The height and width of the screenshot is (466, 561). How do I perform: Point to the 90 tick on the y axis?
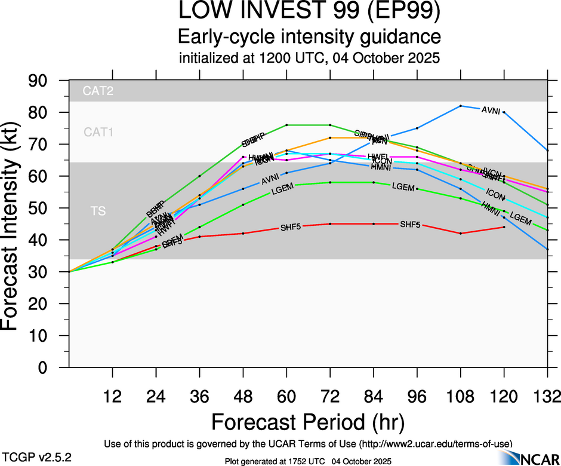pos(46,81)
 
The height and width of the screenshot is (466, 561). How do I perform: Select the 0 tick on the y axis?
pos(53,368)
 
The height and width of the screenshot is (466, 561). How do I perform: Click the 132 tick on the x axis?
pos(547,397)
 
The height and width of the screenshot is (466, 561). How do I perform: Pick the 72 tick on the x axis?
pos(330,397)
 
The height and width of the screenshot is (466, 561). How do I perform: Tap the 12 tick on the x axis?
pos(112,397)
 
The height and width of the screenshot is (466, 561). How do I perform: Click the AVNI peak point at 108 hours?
pos(461,106)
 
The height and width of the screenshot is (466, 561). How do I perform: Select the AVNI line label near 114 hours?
pos(491,110)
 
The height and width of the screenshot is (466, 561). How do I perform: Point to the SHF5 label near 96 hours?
pos(410,225)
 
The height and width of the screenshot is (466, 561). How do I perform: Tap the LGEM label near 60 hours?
pos(283,191)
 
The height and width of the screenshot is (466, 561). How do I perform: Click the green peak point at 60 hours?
pos(286,125)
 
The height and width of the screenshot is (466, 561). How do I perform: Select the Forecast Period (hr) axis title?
pos(309,422)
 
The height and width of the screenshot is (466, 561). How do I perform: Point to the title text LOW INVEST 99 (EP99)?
pos(309,13)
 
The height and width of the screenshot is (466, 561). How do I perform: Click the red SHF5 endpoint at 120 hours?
pos(504,227)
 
